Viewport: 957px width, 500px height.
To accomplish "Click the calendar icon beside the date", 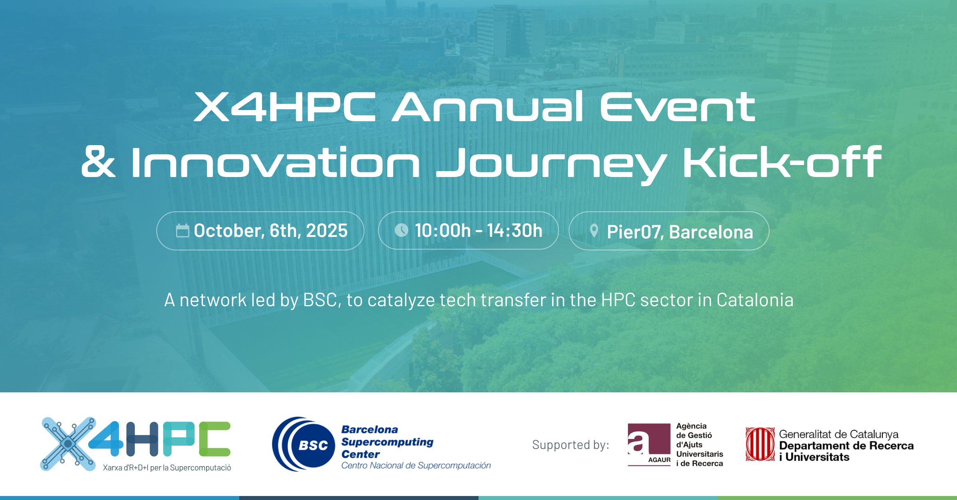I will (182, 230).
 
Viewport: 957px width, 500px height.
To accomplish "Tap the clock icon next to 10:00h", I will (401, 230).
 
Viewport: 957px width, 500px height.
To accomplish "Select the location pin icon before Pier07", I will (594, 231).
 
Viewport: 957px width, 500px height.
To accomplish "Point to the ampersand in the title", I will (98, 162).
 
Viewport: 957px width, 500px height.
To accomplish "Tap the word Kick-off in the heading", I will (782, 162).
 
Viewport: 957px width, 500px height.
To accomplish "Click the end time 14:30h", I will (514, 230).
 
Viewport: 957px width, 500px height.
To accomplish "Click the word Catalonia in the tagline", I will (755, 300).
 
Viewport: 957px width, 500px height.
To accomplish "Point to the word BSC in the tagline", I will (320, 300).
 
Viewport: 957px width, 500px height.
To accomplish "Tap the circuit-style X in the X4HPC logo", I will (68, 444).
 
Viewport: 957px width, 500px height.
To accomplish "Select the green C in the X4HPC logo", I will (215, 439).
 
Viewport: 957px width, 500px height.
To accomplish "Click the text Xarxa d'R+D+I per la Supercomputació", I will (167, 468).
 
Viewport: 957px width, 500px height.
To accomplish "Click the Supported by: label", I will (570, 445).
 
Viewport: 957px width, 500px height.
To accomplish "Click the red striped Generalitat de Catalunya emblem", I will (760, 444).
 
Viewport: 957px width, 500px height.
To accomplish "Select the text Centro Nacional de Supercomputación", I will (416, 465).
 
